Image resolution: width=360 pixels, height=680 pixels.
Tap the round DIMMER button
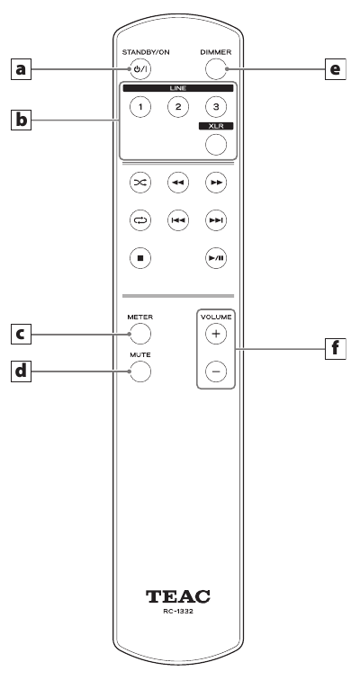[x=216, y=69]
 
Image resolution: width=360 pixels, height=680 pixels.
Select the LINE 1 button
[x=140, y=107]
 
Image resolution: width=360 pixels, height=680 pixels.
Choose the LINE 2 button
[x=178, y=107]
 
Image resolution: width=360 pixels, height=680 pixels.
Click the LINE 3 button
[x=216, y=107]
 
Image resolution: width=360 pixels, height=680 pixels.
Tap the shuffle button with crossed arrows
[x=140, y=183]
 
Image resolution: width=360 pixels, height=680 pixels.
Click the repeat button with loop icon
[x=140, y=220]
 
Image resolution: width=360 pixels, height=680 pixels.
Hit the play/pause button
[x=216, y=258]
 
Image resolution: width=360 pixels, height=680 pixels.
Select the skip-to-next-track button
[x=216, y=220]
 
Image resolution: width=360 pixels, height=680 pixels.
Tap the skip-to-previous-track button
[x=178, y=220]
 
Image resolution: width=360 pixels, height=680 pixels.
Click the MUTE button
[x=140, y=371]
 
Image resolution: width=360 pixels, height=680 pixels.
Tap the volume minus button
[x=216, y=371]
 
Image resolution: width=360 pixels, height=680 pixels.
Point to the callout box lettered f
[x=336, y=349]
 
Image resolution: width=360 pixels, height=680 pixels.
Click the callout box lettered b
[x=22, y=120]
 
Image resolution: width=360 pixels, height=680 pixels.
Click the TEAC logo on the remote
[x=178, y=596]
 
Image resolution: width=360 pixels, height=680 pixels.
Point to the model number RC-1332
[x=178, y=612]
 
